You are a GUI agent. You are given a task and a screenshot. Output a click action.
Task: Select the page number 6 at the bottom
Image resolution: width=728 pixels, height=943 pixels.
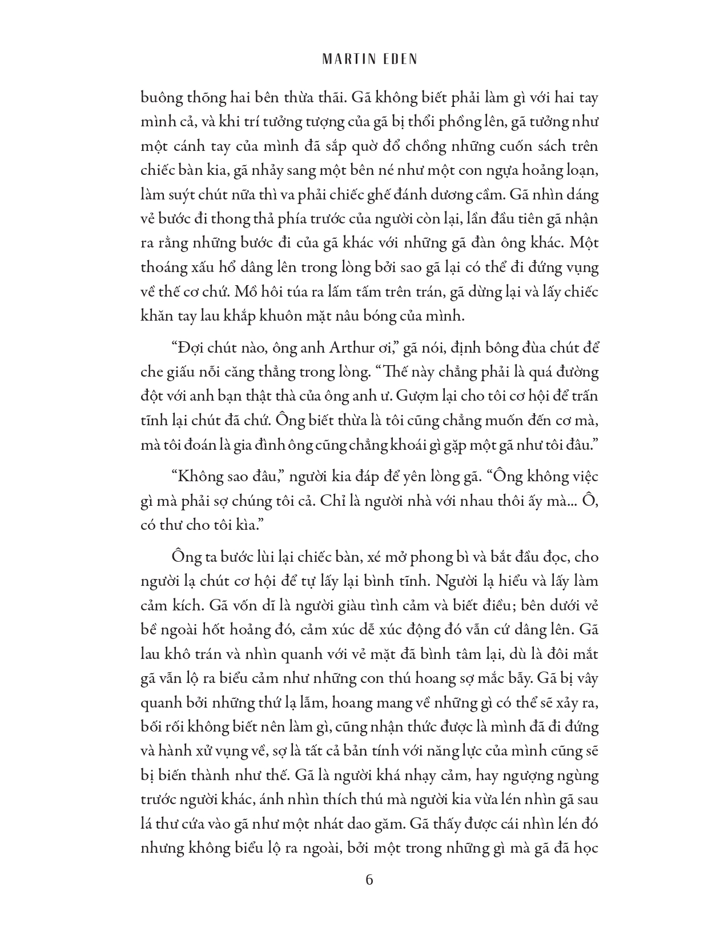click(x=369, y=879)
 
